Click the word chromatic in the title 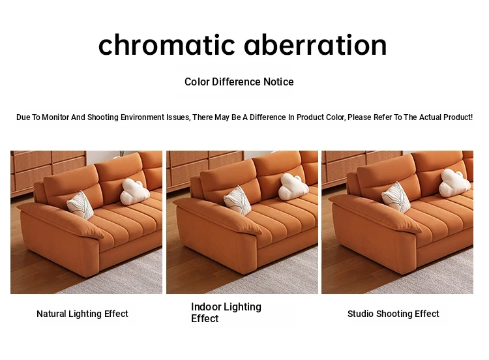pyautogui.click(x=166, y=45)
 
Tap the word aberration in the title pyautogui.click(x=316, y=45)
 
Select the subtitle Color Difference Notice pyautogui.click(x=239, y=82)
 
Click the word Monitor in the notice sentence pyautogui.click(x=55, y=117)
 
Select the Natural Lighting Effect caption pyautogui.click(x=82, y=314)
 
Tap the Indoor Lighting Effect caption pyautogui.click(x=226, y=312)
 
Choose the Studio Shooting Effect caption pyautogui.click(x=393, y=314)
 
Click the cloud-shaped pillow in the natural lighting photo pyautogui.click(x=134, y=192)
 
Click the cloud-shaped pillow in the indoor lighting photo pyautogui.click(x=293, y=187)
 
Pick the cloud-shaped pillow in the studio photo pyautogui.click(x=454, y=183)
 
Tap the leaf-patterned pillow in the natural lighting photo pyautogui.click(x=80, y=205)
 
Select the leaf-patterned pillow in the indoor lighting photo pyautogui.click(x=237, y=201)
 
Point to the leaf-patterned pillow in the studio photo pyautogui.click(x=396, y=197)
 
